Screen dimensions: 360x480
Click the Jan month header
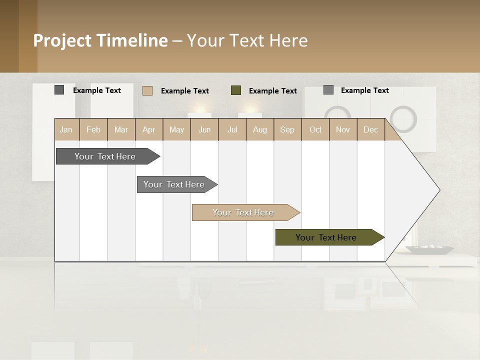66,130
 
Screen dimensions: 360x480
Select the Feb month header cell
93,130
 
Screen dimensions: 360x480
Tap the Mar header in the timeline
121,130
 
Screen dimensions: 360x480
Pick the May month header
176,130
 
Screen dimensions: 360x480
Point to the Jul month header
232,130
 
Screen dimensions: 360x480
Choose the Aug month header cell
259,130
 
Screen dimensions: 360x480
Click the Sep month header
287,130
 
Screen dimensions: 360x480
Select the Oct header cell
315,130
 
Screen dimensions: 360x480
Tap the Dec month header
370,130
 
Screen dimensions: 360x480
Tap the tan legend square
147,90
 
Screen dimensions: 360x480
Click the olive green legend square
236,90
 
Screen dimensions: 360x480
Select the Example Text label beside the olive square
272,91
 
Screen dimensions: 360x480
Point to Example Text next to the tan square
184,91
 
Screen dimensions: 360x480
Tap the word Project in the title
62,40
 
